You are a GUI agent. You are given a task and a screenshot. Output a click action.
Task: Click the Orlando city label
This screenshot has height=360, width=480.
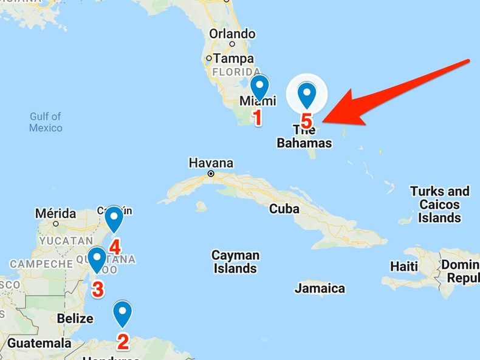coord(232,34)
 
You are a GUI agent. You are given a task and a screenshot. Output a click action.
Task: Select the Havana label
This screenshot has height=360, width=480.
coord(211,163)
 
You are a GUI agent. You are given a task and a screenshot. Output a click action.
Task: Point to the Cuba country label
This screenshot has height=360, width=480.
coord(284,208)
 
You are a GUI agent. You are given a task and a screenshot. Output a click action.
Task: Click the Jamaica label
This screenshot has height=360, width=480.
coord(320,288)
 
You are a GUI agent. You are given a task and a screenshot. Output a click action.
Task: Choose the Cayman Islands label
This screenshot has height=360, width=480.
coord(235,262)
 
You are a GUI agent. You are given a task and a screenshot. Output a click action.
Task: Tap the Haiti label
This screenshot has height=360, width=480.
coord(404,267)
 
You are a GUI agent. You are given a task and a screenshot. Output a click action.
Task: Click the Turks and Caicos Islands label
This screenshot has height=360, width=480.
coord(440,205)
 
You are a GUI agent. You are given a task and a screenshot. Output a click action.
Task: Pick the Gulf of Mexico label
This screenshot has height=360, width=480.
coord(46,122)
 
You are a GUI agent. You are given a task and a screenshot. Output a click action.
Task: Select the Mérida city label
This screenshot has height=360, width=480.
coord(55,214)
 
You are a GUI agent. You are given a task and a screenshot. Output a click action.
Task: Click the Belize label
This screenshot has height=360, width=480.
coord(75,318)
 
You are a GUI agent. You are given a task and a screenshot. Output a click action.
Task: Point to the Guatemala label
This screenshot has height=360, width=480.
coord(39,343)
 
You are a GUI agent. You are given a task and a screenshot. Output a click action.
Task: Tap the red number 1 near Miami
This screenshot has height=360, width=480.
coord(258,117)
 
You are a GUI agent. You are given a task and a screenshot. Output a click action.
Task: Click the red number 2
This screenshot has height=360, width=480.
coord(123,342)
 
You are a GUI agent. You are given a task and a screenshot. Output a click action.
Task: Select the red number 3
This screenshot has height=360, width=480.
coord(97,290)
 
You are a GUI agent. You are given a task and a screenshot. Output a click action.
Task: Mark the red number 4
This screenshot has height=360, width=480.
coord(115,246)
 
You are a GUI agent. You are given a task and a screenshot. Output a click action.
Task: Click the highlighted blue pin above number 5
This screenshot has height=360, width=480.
coord(307,95)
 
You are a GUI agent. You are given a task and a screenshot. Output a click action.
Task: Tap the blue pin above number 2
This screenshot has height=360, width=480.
coord(123,313)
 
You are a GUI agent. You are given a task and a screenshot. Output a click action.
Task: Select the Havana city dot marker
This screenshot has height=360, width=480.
coord(211,174)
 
